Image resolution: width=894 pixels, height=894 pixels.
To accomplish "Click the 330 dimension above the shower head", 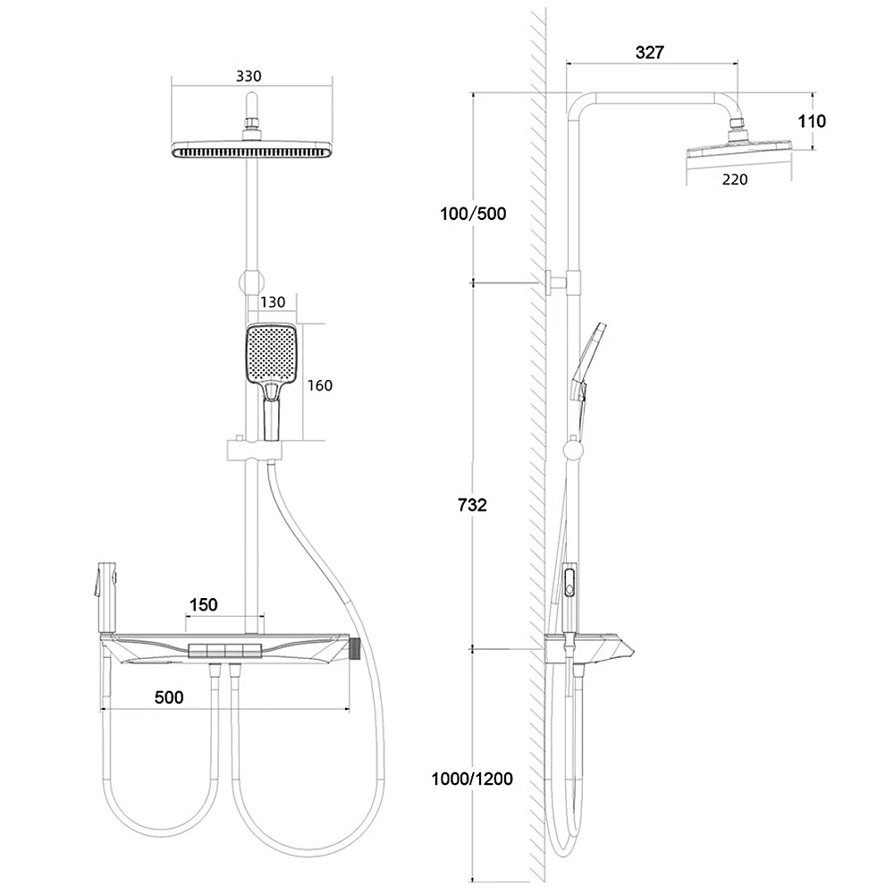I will [249, 77].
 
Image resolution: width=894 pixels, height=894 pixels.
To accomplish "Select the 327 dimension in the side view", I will [649, 53].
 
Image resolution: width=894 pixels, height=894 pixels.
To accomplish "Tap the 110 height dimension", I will [812, 121].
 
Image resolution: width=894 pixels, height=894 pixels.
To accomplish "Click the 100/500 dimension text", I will [473, 214].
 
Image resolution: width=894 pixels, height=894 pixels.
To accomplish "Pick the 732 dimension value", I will [472, 505].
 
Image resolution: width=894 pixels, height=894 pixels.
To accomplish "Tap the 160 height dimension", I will [319, 385].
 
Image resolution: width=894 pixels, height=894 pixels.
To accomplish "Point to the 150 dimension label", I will [203, 605].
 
